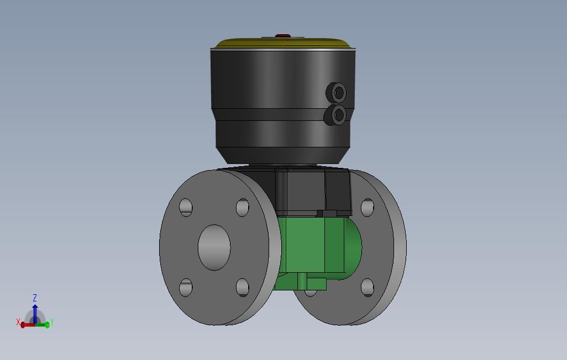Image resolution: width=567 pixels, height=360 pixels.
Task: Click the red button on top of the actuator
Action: pyautogui.click(x=283, y=36)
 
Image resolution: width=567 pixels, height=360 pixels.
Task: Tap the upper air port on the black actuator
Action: pyautogui.click(x=337, y=92)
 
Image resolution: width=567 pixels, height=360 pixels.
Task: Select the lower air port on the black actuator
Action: pyautogui.click(x=335, y=115)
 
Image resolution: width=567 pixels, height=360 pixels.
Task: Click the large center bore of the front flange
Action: pyautogui.click(x=214, y=247)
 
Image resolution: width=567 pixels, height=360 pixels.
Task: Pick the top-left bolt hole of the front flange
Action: pyautogui.click(x=186, y=208)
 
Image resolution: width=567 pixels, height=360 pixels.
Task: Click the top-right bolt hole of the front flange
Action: pyautogui.click(x=243, y=208)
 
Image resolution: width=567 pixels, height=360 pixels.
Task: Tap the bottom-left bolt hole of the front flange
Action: pyautogui.click(x=186, y=288)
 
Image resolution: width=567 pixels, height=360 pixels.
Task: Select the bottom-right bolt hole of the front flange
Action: pyautogui.click(x=243, y=288)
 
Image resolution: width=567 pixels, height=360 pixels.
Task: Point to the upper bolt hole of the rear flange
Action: pyautogui.click(x=368, y=208)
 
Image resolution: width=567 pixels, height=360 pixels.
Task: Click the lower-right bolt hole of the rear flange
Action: pyautogui.click(x=368, y=288)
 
